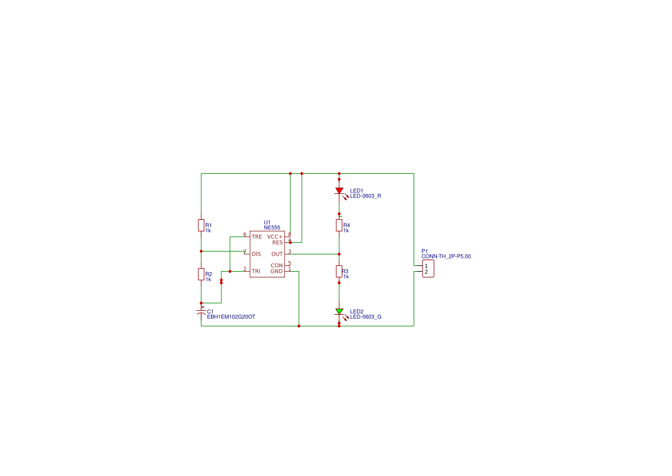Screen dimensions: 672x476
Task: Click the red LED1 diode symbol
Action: (339, 191)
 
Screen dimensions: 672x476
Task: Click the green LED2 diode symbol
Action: (339, 311)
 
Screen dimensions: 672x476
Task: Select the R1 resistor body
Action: (201, 226)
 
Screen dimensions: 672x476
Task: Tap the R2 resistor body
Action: (201, 275)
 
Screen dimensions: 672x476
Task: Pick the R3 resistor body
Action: (339, 271)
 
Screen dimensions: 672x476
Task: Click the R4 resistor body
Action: (339, 226)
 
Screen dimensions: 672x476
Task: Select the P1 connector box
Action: (428, 269)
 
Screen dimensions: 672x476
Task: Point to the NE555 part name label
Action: (272, 228)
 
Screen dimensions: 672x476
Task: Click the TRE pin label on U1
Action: (257, 237)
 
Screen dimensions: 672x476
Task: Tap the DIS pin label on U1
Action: (256, 254)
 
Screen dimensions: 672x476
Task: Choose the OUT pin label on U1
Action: (277, 254)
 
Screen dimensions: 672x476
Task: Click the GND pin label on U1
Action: (277, 271)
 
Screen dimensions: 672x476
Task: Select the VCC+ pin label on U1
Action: (275, 237)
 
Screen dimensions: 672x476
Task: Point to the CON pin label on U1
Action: (277, 266)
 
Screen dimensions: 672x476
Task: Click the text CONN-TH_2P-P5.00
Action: (446, 257)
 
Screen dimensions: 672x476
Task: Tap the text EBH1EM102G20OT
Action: (231, 317)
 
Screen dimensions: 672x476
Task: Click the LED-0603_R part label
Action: (366, 196)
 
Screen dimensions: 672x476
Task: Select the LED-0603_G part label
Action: (366, 317)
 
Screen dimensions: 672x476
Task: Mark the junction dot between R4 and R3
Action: (339, 254)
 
